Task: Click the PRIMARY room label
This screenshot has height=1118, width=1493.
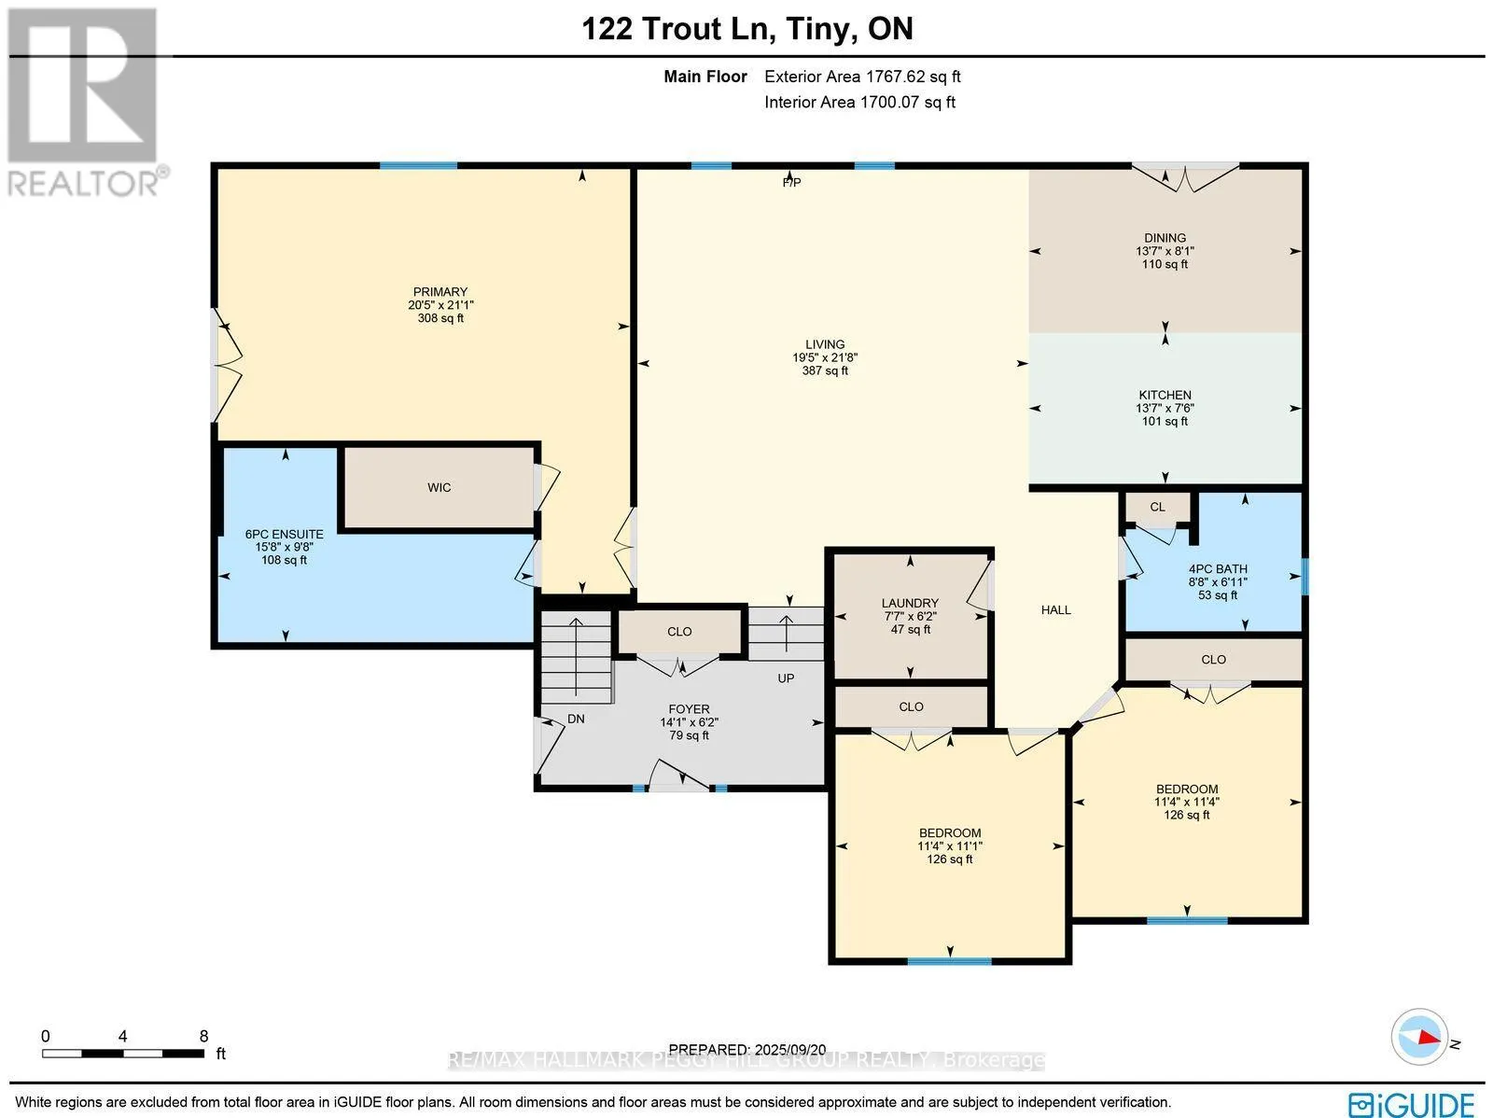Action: coord(440,292)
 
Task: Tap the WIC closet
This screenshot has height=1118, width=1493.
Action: coord(439,488)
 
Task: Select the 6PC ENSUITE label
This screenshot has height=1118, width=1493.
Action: coord(284,535)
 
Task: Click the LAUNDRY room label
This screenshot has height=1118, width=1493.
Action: coord(910,604)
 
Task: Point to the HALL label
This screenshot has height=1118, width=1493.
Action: coord(1055,610)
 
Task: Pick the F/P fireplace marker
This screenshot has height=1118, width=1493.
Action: coord(791,183)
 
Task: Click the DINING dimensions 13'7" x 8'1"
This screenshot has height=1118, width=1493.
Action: coord(1165,251)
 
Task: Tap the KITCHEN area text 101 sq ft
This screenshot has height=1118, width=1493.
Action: coord(1165,422)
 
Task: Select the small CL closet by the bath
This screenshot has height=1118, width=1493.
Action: coord(1157,508)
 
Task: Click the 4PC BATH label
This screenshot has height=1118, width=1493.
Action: coord(1217,569)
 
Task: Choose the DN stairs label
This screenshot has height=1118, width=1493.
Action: coord(577,720)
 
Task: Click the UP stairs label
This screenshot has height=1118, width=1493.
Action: coord(786,678)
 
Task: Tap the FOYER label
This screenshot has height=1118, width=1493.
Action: coord(689,709)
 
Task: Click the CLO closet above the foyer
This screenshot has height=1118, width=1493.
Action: coord(679,632)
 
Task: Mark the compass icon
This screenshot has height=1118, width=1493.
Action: coord(1418,1037)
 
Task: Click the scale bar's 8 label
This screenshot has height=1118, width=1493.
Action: coord(203,1036)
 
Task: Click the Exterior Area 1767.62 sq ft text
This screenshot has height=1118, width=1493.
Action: coord(861,77)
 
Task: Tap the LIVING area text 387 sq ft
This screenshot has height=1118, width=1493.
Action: coord(825,371)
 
